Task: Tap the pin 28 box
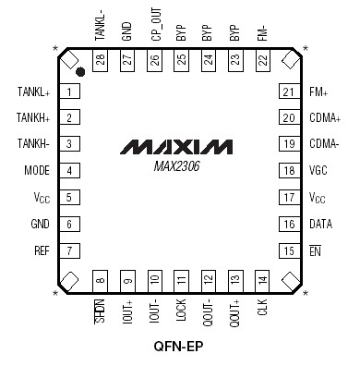pyautogui.click(x=100, y=59)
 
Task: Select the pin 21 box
pyautogui.click(x=289, y=91)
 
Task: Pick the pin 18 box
pyautogui.click(x=289, y=172)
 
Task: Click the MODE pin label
pyautogui.click(x=37, y=172)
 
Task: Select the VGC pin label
pyautogui.click(x=318, y=172)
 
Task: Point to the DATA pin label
pyautogui.click(x=320, y=225)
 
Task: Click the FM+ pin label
pyautogui.click(x=318, y=91)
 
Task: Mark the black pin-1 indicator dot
pyautogui.click(x=82, y=71)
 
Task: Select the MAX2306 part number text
pyautogui.click(x=179, y=166)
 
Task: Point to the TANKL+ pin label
pyautogui.click(x=33, y=91)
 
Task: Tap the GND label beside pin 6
pyautogui.click(x=41, y=225)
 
